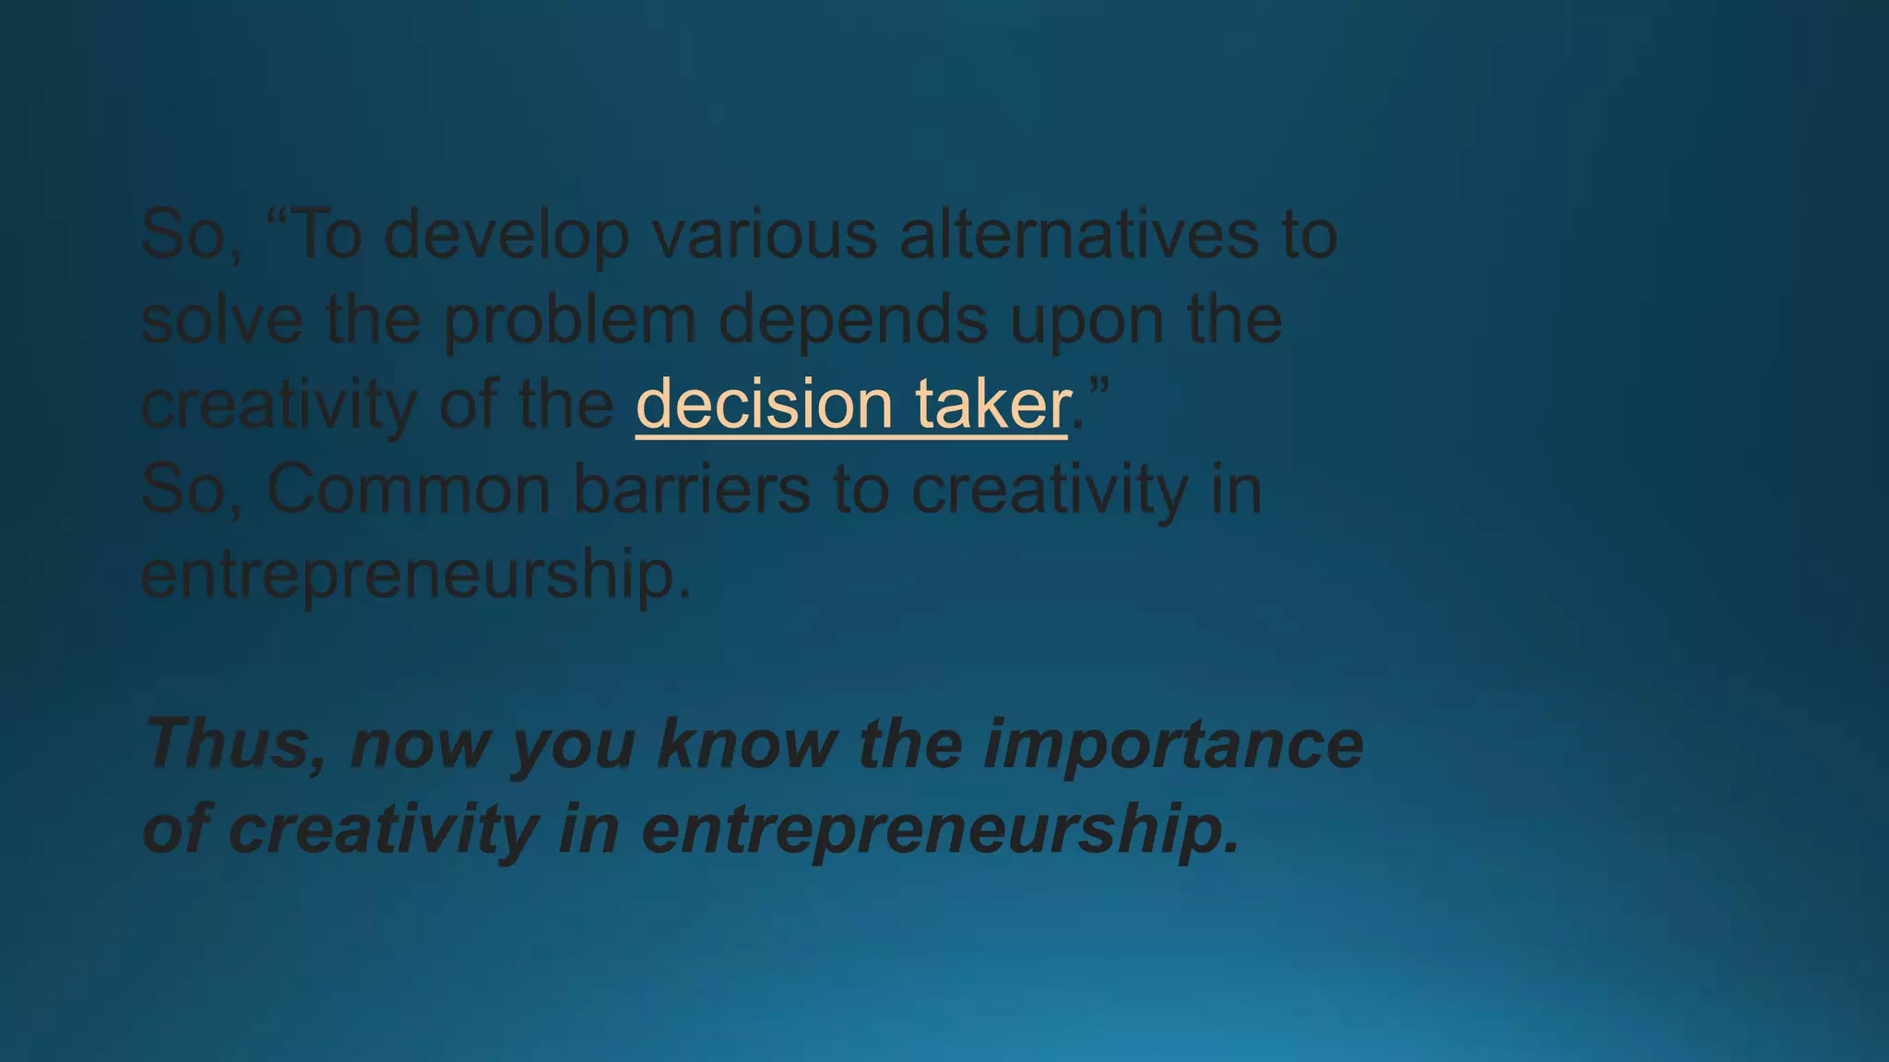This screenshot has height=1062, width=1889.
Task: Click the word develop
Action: coord(505,235)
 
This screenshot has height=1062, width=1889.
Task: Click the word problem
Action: coord(569,322)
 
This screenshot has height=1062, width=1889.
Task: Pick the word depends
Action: coord(852,322)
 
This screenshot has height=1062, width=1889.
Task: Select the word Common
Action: coord(409,490)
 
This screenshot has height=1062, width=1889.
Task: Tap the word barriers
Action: coord(692,489)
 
